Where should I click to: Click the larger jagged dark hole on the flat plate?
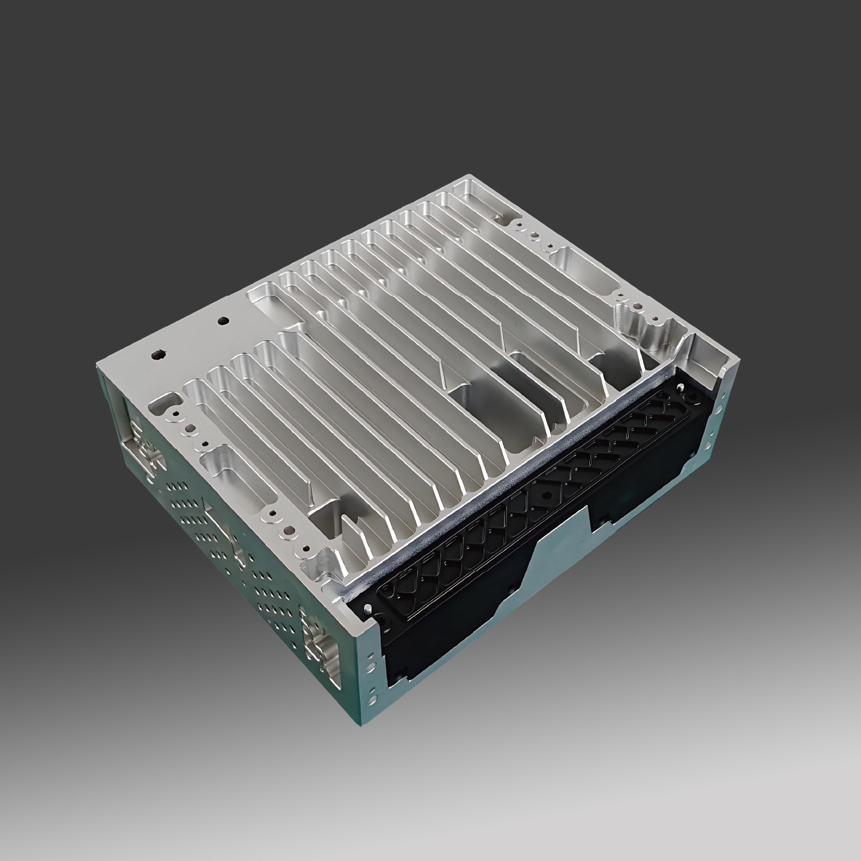pyautogui.click(x=158, y=354)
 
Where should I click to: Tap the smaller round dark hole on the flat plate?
pyautogui.click(x=222, y=321)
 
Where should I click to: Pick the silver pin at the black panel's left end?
pyautogui.click(x=368, y=608)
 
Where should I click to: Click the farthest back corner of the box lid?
pyautogui.click(x=467, y=176)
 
